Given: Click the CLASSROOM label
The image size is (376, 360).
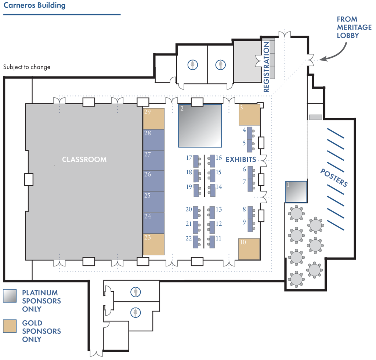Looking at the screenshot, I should (84, 160).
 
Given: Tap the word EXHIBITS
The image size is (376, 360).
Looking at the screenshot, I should (241, 160).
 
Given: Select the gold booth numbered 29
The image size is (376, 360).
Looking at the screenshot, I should (153, 119).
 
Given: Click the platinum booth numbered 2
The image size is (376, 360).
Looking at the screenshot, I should (200, 126).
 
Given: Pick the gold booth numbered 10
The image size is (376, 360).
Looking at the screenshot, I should (249, 249).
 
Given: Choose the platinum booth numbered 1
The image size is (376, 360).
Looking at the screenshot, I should (296, 191).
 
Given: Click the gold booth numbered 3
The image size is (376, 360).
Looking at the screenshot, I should (249, 114).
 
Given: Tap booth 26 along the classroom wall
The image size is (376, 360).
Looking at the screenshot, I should (153, 181).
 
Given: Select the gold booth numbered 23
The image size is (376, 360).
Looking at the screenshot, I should (153, 244).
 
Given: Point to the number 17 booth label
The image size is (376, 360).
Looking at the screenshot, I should (189, 158).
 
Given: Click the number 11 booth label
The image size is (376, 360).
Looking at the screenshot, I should (218, 238).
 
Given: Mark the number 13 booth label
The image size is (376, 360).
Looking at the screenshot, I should (218, 210).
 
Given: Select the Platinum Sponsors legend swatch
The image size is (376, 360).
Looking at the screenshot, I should (10, 296).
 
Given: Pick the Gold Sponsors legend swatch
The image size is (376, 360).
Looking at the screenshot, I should (10, 326).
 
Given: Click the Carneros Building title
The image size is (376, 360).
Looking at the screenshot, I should (35, 6).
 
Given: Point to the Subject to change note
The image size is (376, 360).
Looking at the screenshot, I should (27, 67).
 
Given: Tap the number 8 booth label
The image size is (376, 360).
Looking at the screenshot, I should (244, 210).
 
